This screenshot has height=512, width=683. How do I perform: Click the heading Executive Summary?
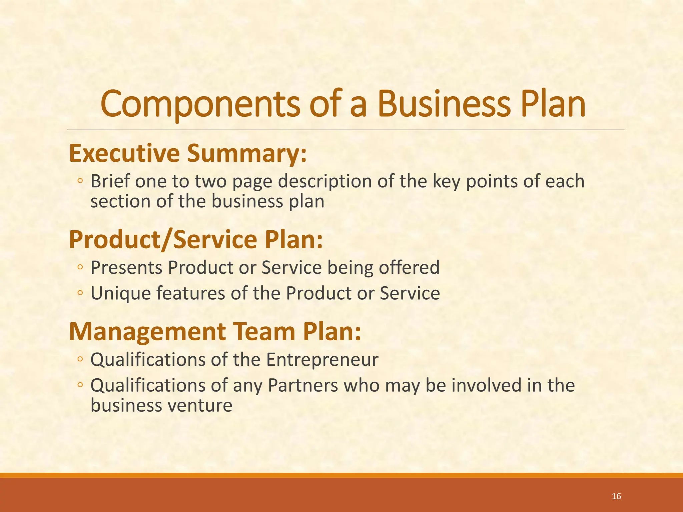coord(187,153)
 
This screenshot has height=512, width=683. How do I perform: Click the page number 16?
coord(617,496)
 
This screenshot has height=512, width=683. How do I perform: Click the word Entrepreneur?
coord(322,360)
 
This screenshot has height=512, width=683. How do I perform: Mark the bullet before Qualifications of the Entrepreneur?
coord(80,359)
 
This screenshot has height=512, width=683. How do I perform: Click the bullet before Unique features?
coord(80,293)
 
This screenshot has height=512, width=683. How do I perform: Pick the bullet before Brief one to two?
coord(80,181)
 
